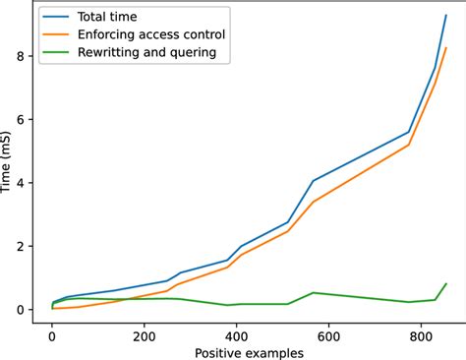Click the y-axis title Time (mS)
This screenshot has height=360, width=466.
click(x=9, y=162)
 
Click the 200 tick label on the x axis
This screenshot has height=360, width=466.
click(x=145, y=332)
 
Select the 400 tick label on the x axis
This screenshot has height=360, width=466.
click(x=237, y=332)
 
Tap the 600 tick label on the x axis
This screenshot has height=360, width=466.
click(x=329, y=332)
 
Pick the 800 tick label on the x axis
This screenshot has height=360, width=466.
click(x=422, y=332)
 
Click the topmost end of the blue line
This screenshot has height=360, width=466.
click(x=446, y=16)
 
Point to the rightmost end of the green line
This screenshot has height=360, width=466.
click(x=446, y=283)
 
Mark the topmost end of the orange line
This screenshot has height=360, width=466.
click(x=446, y=47)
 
